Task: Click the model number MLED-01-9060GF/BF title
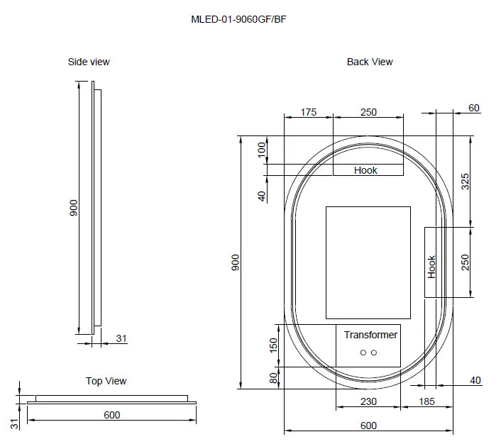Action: pyautogui.click(x=238, y=19)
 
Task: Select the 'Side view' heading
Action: pyautogui.click(x=89, y=62)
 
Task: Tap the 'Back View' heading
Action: pyautogui.click(x=370, y=62)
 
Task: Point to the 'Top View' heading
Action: pyautogui.click(x=106, y=381)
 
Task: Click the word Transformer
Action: pyautogui.click(x=370, y=335)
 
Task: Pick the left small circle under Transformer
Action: pyautogui.click(x=363, y=353)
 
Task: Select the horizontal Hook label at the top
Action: pyautogui.click(x=365, y=170)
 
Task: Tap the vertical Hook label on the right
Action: pyautogui.click(x=431, y=267)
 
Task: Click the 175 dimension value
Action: pyautogui.click(x=308, y=112)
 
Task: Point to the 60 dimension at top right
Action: pyautogui.click(x=474, y=108)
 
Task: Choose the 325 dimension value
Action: pyautogui.click(x=466, y=181)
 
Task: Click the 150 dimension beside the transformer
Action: pyautogui.click(x=273, y=345)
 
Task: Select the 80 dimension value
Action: pyautogui.click(x=273, y=378)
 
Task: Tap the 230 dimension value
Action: pyautogui.click(x=368, y=402)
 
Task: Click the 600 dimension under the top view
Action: pyautogui.click(x=112, y=415)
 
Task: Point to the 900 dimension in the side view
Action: pyautogui.click(x=73, y=209)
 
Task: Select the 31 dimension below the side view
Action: pyautogui.click(x=121, y=339)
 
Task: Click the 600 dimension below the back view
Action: pyautogui.click(x=368, y=426)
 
